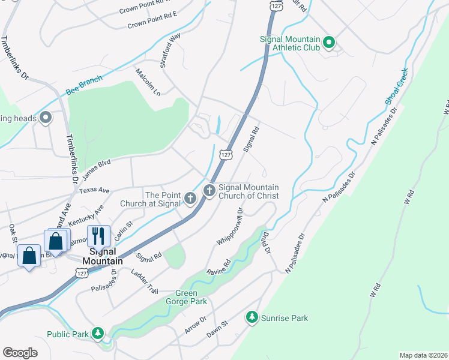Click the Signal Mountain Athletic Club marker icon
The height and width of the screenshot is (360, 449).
[328, 43]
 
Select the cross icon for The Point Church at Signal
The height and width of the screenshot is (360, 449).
[190, 198]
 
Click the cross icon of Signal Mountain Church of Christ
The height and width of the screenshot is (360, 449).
[209, 191]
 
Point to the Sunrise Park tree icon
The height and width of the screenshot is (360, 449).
[253, 316]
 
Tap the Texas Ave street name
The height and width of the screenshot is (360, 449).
[94, 191]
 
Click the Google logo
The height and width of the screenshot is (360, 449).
[20, 352]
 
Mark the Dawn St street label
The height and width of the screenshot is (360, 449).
[218, 328]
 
